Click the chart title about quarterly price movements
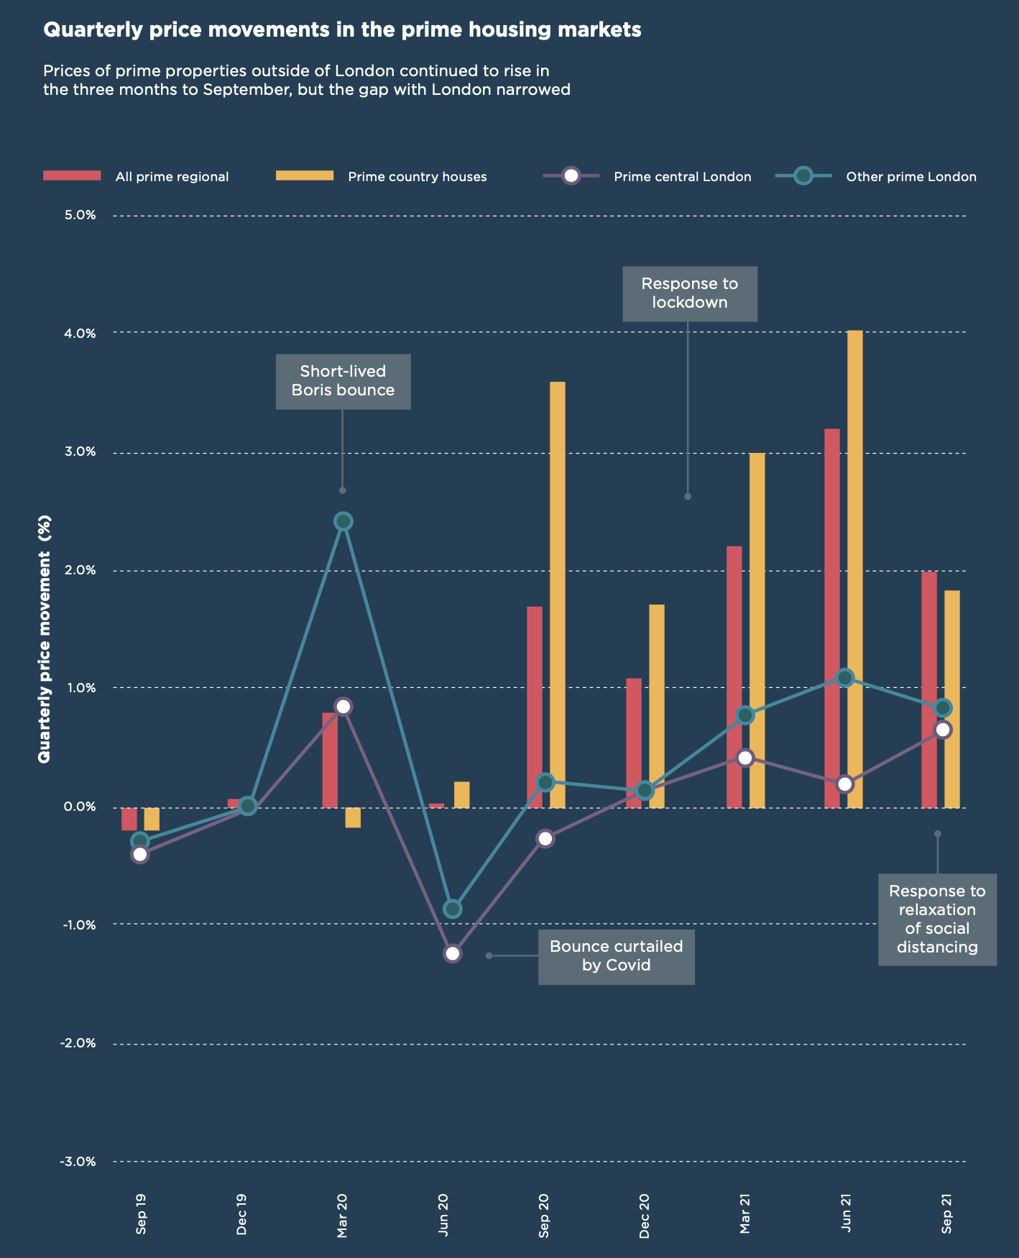342,30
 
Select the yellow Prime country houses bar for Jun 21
854,568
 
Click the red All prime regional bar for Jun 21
831,618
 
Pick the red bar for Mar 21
734,676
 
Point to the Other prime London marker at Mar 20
343,521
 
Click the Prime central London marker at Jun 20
452,954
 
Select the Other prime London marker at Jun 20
452,909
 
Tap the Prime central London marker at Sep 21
943,730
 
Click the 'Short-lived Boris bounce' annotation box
343,381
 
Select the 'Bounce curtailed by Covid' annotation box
616,955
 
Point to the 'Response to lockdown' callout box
689,293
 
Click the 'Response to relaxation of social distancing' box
937,919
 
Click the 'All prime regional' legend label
172,177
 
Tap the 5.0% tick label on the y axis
80,216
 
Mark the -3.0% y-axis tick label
78,1162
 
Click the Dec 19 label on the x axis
241,1214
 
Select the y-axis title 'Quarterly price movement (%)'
45,639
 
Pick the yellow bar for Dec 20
656,706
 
